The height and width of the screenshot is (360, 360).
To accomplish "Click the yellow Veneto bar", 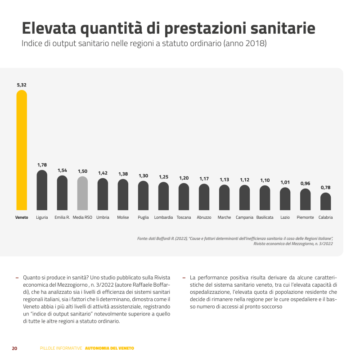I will coord(22,150).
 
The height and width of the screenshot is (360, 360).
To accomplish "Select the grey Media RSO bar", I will coord(82,193).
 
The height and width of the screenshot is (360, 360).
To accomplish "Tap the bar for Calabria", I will coord(325,202).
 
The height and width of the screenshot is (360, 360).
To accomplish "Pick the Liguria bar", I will coord(42,190).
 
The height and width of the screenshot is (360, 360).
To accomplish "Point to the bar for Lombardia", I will coord(163,196).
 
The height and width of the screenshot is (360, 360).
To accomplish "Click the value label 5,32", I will coord(22,85).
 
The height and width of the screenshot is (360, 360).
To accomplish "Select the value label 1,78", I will coord(42,165).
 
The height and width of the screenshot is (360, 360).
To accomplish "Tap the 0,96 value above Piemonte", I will coord(305,183).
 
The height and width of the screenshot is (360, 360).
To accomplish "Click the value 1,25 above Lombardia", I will coord(163,177).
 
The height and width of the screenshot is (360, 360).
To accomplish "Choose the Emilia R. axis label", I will coord(62,217).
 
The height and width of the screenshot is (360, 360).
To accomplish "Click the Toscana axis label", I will coord(184,217).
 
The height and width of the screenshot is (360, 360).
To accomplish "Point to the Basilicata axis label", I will coord(265,217).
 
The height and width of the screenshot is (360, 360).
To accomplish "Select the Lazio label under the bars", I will coord(285,217).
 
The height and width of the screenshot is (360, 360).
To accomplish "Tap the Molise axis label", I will coord(123,217).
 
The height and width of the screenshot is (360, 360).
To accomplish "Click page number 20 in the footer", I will coord(14,348).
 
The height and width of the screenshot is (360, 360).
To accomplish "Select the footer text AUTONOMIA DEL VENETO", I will coord(109,348).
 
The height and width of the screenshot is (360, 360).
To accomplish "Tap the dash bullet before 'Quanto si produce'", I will coord(17,278).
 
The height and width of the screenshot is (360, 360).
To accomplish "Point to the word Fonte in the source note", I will coord(143,238).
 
